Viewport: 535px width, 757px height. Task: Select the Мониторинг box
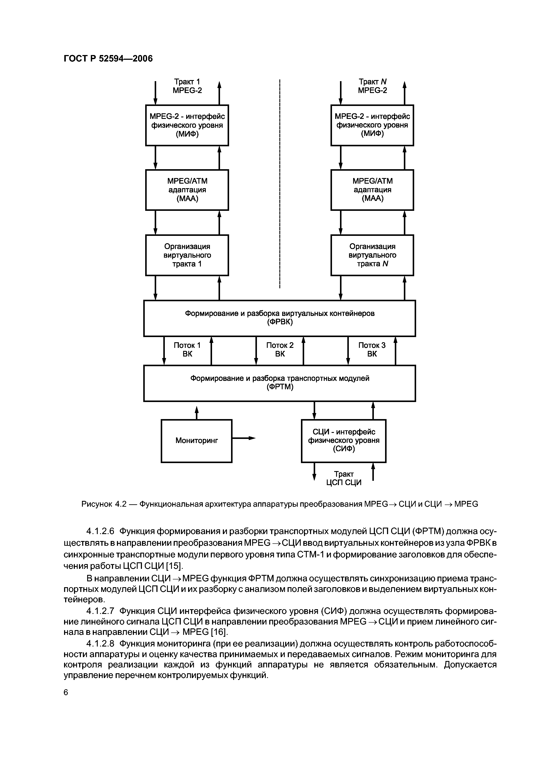point(197,441)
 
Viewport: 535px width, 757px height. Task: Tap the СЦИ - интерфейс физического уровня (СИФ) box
point(343,441)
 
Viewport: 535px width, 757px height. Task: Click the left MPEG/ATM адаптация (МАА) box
point(187,190)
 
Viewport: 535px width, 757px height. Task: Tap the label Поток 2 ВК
point(280,350)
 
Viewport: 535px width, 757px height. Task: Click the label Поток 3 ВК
point(372,350)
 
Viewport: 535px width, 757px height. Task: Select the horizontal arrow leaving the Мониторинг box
point(244,438)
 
